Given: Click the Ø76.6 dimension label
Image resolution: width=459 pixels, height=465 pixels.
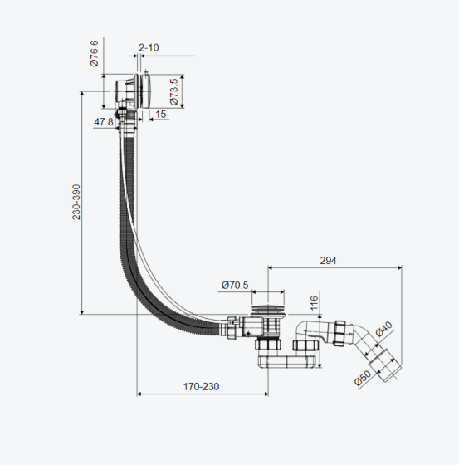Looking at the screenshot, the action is click(x=95, y=53).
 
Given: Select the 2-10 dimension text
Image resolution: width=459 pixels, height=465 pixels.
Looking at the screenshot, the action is click(x=149, y=47).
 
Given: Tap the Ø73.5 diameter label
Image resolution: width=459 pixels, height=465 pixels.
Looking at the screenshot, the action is click(x=174, y=91).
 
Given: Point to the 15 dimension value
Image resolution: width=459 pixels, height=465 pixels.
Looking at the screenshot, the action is click(x=161, y=115).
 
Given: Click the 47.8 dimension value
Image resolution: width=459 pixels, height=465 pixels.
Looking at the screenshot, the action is click(x=104, y=122).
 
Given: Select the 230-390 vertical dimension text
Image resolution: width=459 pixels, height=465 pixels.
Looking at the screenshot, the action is click(x=76, y=202).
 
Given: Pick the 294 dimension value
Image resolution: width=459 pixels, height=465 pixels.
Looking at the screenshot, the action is click(x=328, y=261).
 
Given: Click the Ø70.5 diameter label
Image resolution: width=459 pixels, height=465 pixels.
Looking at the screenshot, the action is click(x=235, y=285).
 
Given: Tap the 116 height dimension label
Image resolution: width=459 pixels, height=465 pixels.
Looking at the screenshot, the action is click(x=314, y=303).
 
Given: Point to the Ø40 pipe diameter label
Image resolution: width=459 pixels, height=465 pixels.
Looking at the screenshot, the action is click(x=384, y=329).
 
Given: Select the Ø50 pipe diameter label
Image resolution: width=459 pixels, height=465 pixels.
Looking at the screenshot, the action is click(x=363, y=378).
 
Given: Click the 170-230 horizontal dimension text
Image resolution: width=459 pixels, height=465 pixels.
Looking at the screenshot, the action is click(x=201, y=387).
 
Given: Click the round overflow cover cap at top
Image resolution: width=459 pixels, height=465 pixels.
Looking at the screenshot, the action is click(x=148, y=91).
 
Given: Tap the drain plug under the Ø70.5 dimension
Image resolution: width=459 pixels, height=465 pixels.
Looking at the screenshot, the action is click(x=268, y=309).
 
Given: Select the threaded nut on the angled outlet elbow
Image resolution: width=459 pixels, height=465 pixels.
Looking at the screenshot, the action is click(x=339, y=333).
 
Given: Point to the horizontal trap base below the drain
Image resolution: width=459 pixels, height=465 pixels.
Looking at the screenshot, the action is click(x=286, y=362).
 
